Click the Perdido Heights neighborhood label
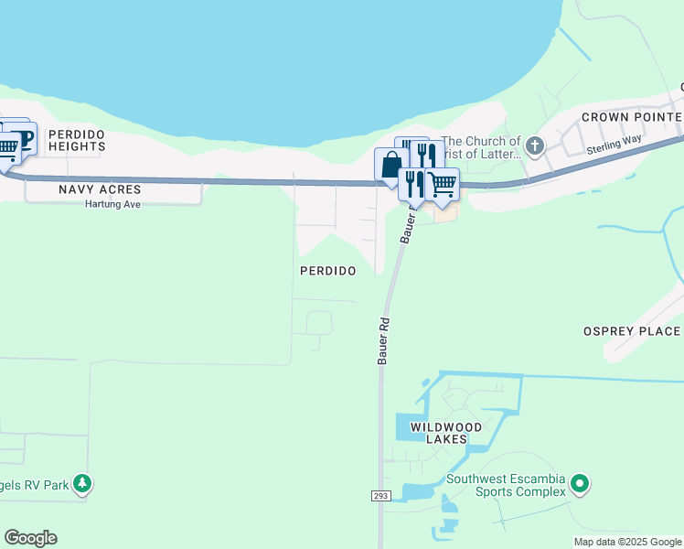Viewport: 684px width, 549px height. [x=77, y=140]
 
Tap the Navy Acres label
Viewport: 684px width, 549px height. [x=100, y=189]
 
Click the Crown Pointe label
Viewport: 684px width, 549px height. [x=631, y=117]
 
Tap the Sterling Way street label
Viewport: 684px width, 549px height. [x=615, y=144]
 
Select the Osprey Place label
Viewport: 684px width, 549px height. [x=632, y=331]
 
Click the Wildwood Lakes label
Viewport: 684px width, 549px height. [x=445, y=433]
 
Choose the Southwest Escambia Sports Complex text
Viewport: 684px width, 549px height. [x=505, y=486]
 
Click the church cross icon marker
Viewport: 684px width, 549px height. [x=535, y=145]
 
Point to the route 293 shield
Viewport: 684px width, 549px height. [x=381, y=496]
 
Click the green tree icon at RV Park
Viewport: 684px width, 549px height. [x=82, y=483]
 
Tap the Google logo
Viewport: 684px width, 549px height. [x=30, y=538]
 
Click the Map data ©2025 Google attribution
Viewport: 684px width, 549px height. [x=627, y=542]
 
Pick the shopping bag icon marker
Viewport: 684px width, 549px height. [x=390, y=165]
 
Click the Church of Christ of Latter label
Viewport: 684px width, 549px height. [x=481, y=147]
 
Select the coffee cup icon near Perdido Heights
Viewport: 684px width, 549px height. [x=23, y=137]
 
